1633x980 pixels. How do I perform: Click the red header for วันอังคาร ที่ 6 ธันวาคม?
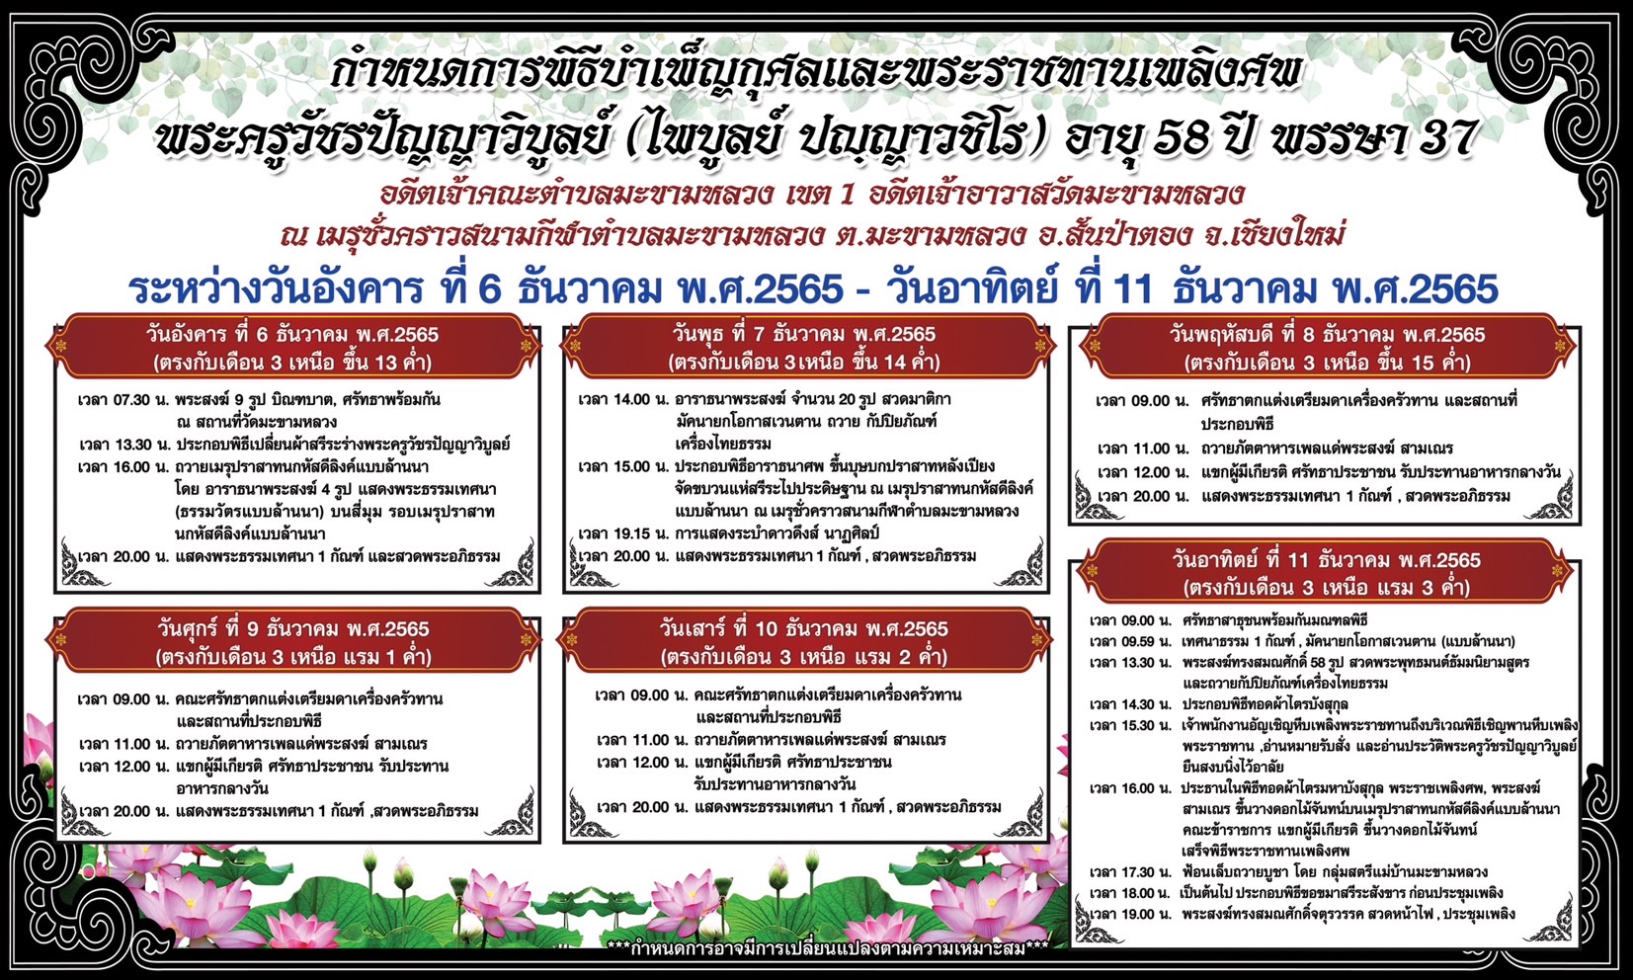coord(292,348)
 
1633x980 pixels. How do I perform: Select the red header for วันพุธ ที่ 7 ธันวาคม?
coord(804,348)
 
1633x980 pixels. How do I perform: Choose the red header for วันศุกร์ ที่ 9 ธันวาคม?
coord(292,642)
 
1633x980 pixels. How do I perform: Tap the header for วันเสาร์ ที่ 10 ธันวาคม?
coord(804,642)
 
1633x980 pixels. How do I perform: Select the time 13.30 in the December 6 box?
coord(132,445)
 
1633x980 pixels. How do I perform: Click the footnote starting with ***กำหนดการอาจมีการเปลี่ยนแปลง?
coord(828,947)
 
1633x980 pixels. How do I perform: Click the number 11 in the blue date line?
coord(1133,289)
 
